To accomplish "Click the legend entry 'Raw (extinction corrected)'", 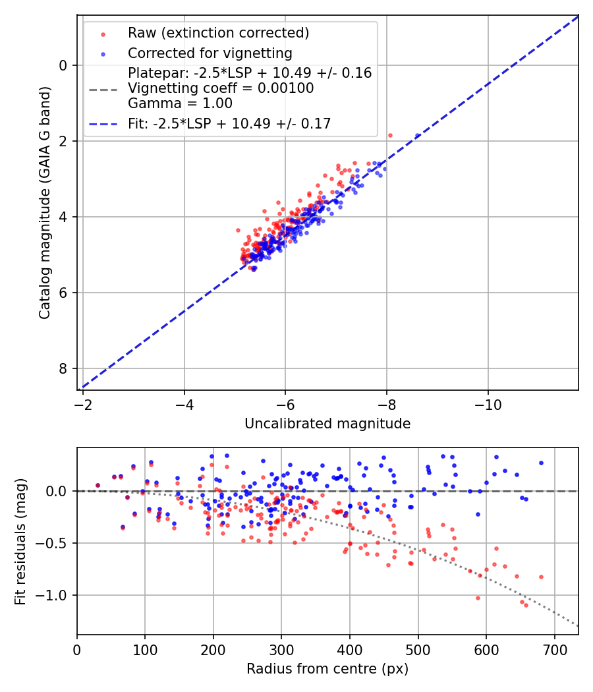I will [218, 33].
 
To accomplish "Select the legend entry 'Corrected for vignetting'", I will [210, 53].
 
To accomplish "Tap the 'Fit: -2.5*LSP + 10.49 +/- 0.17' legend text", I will [229, 123].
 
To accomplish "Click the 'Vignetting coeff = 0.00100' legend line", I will [221, 88].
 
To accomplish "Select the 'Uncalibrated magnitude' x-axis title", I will [327, 424].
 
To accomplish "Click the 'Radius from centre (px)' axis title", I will [327, 669].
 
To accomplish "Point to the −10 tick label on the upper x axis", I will [488, 403].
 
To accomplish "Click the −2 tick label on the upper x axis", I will [83, 403].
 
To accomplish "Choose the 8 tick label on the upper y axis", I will [64, 368].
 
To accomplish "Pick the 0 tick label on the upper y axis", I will [64, 65].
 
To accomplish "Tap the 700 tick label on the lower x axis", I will [554, 649].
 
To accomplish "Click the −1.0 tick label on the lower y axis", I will [55, 596].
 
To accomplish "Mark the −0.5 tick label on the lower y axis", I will [55, 544].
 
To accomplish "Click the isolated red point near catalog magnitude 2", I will [390, 135].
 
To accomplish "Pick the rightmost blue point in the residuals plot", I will [541, 463].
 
